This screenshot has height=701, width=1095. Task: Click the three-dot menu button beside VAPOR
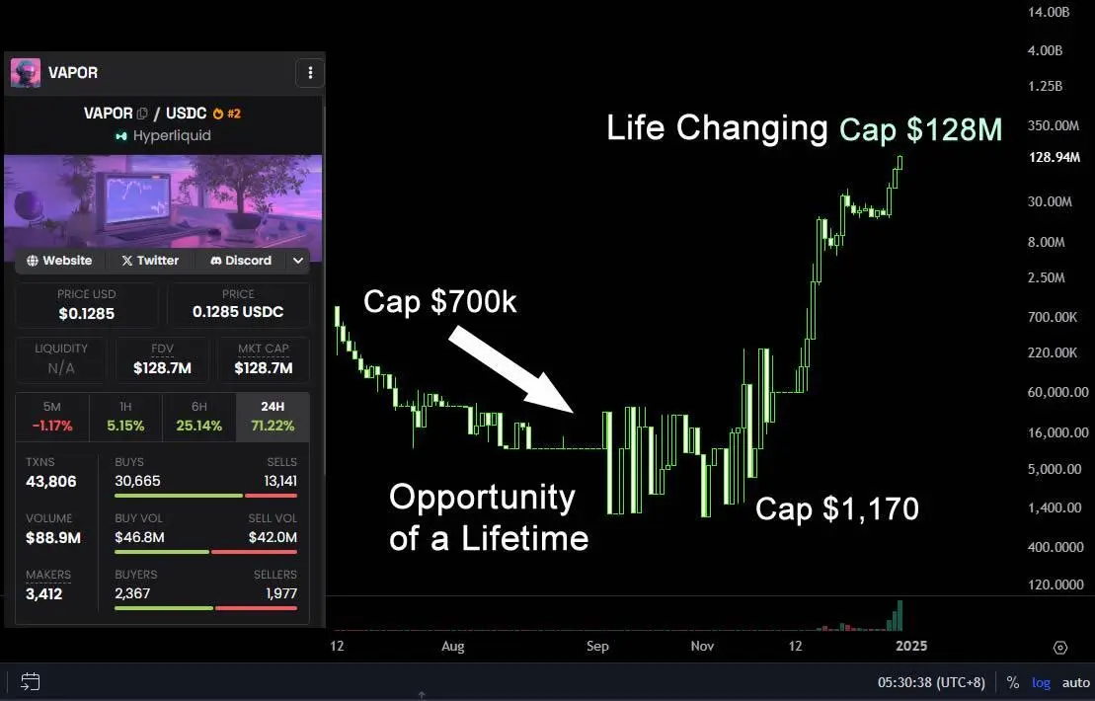[x=310, y=73]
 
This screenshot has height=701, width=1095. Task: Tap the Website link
[x=59, y=261]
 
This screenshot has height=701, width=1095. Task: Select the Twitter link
[x=150, y=261]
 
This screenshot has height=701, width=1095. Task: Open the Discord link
[x=241, y=261]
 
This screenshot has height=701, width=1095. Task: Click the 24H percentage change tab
[x=273, y=417]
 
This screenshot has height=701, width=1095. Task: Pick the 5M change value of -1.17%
[x=52, y=426]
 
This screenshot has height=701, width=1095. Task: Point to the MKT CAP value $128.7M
[x=264, y=368]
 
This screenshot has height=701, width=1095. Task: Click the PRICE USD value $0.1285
[x=87, y=314]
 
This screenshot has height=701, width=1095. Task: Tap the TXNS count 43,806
[x=51, y=482]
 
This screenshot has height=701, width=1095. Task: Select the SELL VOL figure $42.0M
[x=273, y=538]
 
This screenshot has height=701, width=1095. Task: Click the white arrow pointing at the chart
[x=511, y=372]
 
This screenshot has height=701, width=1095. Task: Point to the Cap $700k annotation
[x=440, y=301]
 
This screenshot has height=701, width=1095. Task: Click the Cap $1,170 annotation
[x=836, y=509]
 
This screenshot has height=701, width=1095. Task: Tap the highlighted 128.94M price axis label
[x=1055, y=157]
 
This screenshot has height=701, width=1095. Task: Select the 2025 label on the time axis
[x=911, y=646]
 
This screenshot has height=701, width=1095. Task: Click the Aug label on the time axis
[x=452, y=647]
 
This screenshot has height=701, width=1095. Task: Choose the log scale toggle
[x=1041, y=683]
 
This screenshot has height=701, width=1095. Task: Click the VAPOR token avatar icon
[x=25, y=73]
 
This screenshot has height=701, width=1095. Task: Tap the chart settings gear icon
[x=1060, y=648]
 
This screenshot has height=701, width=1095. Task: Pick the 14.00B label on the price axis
[x=1049, y=12]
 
